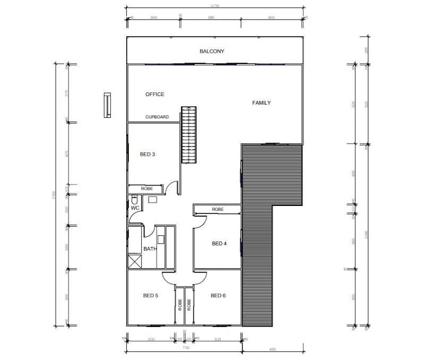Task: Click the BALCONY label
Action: pos(212,52)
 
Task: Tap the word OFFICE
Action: pos(155,94)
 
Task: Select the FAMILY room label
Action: pos(262,103)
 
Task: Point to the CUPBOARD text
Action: pos(157,117)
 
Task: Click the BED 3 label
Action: pos(148,155)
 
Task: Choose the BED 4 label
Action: pos(220,244)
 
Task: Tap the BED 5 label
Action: pos(151,295)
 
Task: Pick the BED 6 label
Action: pos(218,295)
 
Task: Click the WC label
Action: pos(135,208)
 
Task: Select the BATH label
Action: pos(150,249)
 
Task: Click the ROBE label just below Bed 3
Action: pos(147,189)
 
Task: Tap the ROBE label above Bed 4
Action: pos(217,210)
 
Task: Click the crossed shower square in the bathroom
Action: pos(134,262)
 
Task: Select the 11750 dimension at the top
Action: pos(216,6)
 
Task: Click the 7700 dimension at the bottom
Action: pos(185,348)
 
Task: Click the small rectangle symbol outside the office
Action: pos(108,105)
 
